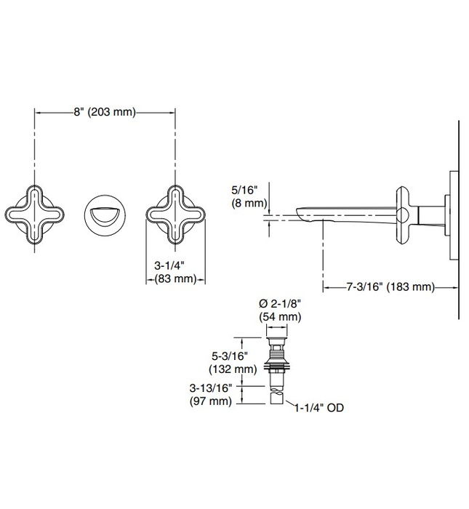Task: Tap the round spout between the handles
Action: [105, 214]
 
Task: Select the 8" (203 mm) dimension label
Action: [105, 112]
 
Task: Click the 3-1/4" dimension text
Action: [174, 266]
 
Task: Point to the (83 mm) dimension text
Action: [174, 278]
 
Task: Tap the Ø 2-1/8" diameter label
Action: [280, 305]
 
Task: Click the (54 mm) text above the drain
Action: [280, 317]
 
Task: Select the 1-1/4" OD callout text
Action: [319, 409]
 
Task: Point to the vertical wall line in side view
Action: [459, 218]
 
